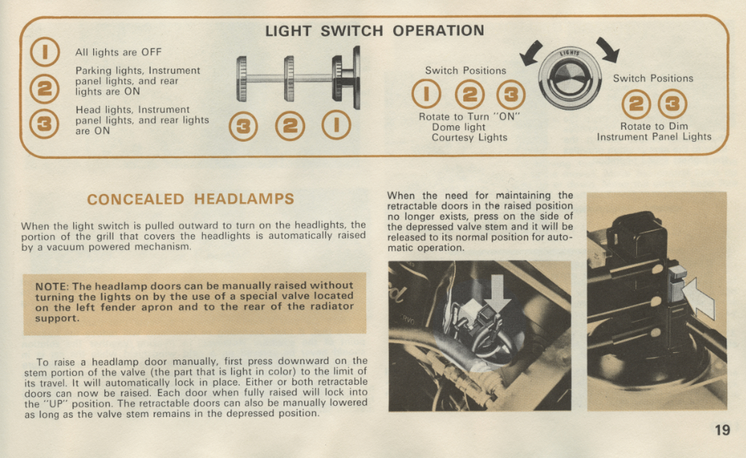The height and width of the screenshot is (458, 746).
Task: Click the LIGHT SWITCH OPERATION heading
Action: (x=374, y=31)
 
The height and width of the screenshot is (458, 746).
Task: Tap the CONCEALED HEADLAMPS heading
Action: (x=190, y=199)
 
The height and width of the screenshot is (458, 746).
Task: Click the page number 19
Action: (x=722, y=430)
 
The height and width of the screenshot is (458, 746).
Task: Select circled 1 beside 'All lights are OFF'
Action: (x=45, y=51)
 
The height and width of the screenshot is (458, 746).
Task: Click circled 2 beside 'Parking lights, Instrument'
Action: (x=45, y=89)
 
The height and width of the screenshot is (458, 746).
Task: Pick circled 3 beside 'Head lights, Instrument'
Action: (x=44, y=124)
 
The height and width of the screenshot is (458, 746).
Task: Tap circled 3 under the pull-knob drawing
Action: (x=243, y=127)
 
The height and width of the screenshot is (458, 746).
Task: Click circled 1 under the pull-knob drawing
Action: (x=336, y=125)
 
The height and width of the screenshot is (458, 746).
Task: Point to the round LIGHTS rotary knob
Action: (x=570, y=78)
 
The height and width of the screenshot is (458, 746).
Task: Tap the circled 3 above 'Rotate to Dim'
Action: (x=672, y=104)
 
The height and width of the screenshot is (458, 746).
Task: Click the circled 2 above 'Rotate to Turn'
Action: (x=469, y=95)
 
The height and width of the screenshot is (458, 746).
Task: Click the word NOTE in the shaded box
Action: (x=52, y=286)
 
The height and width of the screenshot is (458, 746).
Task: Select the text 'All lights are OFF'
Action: (x=119, y=52)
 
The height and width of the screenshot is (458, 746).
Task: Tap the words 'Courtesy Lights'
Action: (x=469, y=137)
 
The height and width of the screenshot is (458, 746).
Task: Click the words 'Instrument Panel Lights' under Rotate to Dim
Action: (x=654, y=137)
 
